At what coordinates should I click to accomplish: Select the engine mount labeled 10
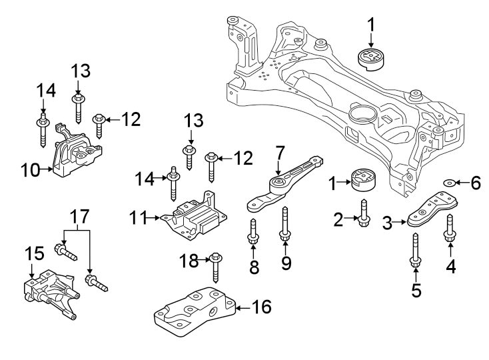click(x=77, y=157)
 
